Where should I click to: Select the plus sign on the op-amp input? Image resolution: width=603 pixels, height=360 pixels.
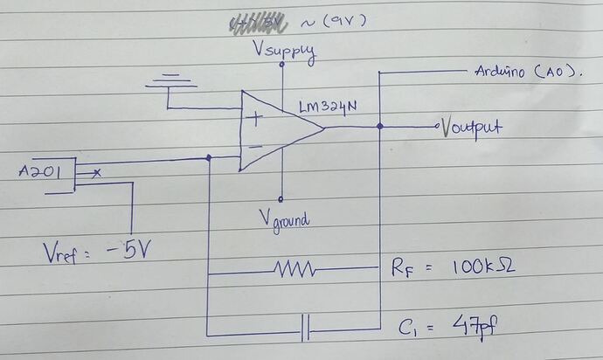click(x=254, y=120)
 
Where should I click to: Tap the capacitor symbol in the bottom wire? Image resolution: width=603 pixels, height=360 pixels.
click(x=304, y=331)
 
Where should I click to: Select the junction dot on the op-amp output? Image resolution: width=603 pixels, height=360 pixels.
click(x=379, y=127)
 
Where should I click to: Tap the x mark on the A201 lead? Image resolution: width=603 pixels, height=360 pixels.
click(x=96, y=174)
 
